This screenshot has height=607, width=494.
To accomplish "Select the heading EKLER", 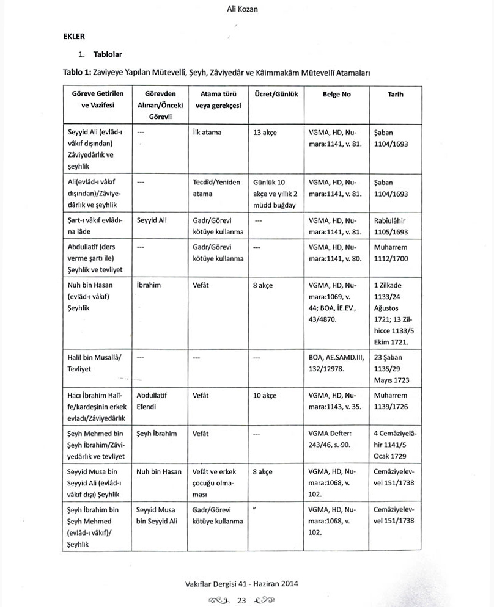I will point(73,37).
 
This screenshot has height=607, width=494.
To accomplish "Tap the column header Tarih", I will point(396,95).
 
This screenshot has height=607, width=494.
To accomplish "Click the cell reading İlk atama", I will point(204,132).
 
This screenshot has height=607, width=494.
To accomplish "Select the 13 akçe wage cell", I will point(265,132).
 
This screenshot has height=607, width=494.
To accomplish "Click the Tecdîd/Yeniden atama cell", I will point(216,188).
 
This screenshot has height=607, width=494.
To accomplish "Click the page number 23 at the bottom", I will point(241,600).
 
